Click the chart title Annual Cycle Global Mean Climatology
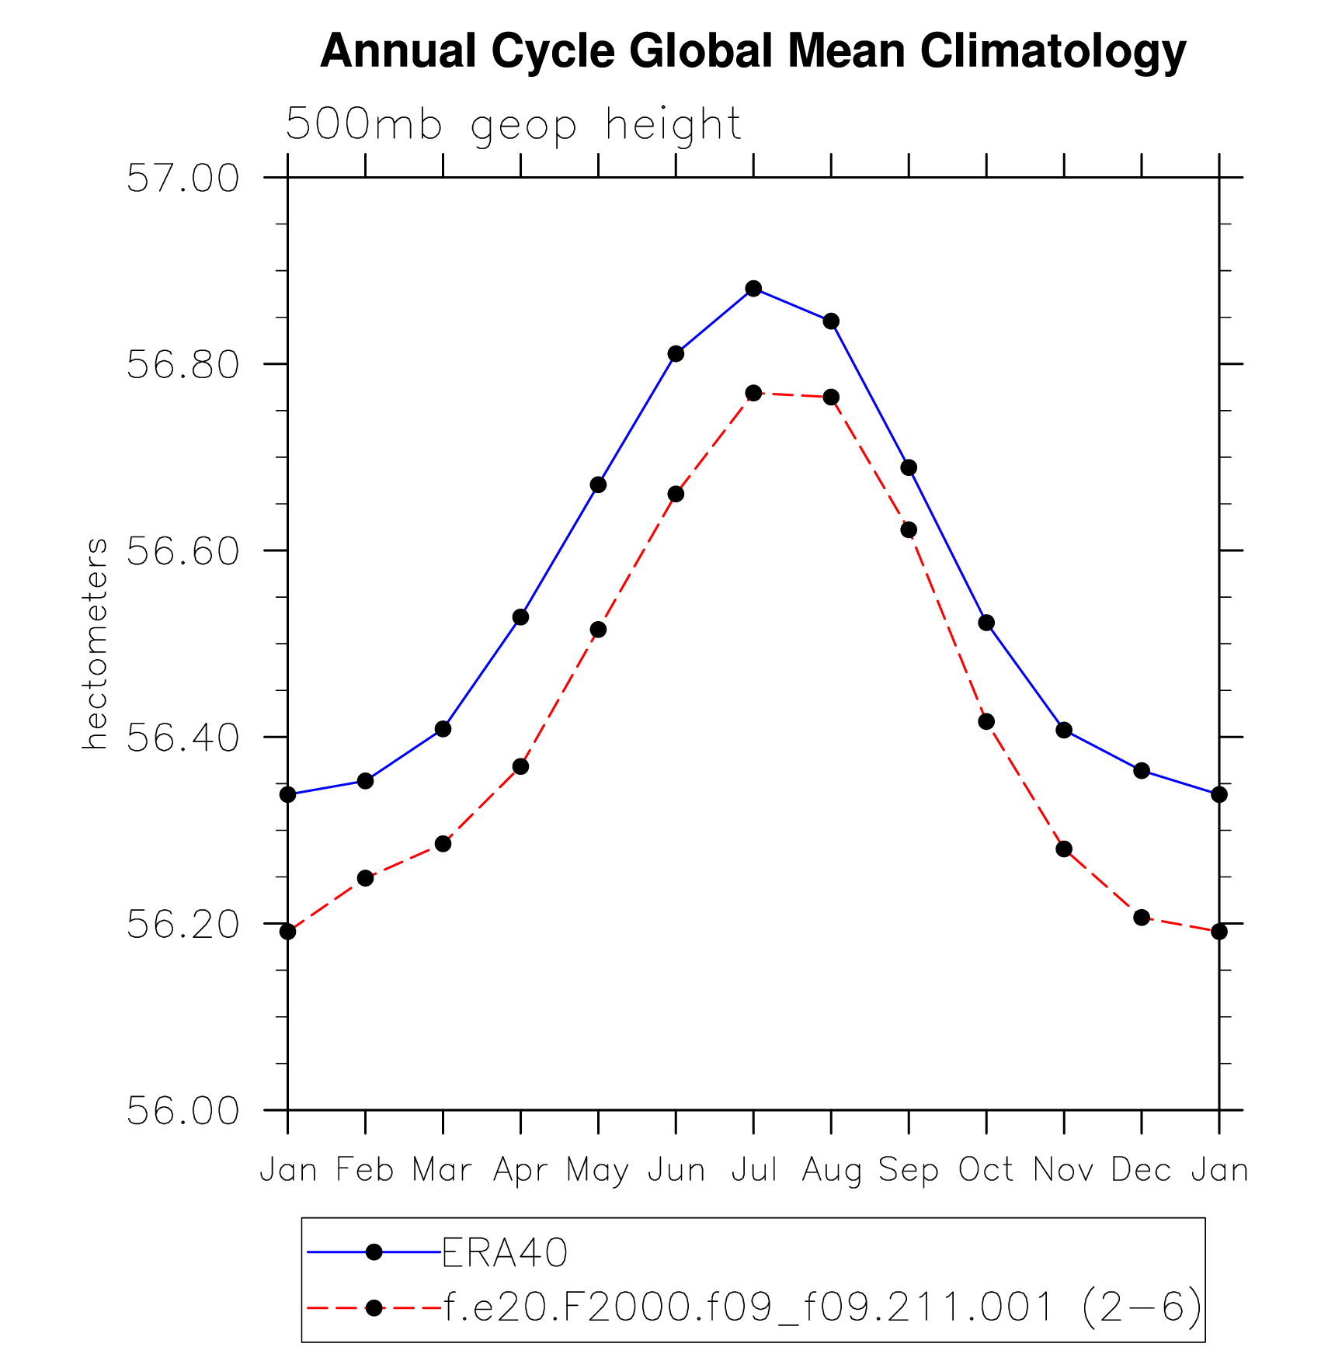click(753, 51)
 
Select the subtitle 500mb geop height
click(513, 124)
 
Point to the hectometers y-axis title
click(95, 644)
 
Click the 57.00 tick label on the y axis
click(183, 179)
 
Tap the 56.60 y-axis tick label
click(183, 551)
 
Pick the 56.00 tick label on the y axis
click(183, 1111)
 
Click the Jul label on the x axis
click(753, 1169)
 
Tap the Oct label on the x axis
click(986, 1169)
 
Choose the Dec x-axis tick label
click(1141, 1169)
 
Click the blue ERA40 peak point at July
click(753, 289)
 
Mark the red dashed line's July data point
click(753, 393)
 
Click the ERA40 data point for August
click(831, 321)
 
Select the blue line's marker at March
click(443, 729)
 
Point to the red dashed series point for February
click(365, 878)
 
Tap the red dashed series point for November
click(1064, 849)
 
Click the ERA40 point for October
click(986, 623)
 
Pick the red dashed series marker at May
click(598, 630)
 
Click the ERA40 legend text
click(505, 1252)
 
